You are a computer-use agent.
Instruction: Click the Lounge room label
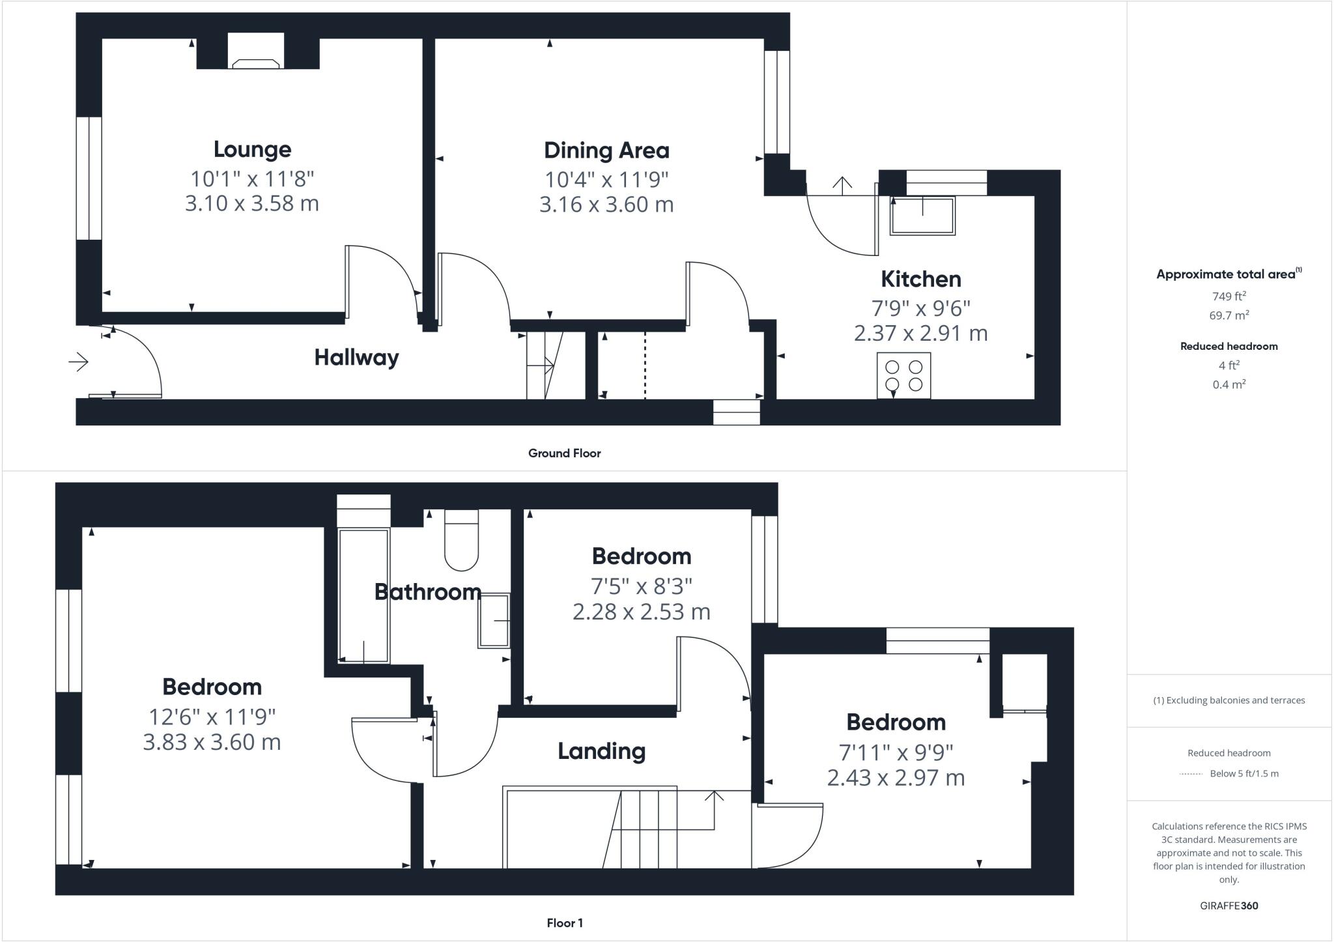click(252, 149)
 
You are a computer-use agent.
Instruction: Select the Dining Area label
click(606, 150)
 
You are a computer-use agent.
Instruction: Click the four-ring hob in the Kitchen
click(903, 375)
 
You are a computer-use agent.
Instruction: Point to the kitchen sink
click(922, 215)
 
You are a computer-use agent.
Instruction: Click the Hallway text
click(356, 357)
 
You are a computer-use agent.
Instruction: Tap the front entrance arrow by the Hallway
click(78, 361)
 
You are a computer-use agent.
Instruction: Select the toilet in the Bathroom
click(461, 541)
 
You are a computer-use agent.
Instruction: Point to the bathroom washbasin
click(494, 620)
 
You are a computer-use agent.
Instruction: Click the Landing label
click(601, 751)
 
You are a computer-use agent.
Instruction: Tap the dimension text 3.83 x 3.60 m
click(212, 742)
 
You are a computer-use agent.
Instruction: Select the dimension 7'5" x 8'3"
click(641, 586)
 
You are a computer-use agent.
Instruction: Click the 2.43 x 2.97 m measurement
click(896, 777)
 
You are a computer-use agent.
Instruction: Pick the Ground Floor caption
click(564, 453)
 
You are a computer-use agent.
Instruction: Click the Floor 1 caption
click(564, 922)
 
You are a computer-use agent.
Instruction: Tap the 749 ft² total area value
click(1228, 296)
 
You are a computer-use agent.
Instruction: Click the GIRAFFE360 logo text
click(1228, 906)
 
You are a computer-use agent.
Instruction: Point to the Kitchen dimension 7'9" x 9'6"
click(920, 307)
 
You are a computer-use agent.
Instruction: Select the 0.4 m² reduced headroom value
click(1228, 384)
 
